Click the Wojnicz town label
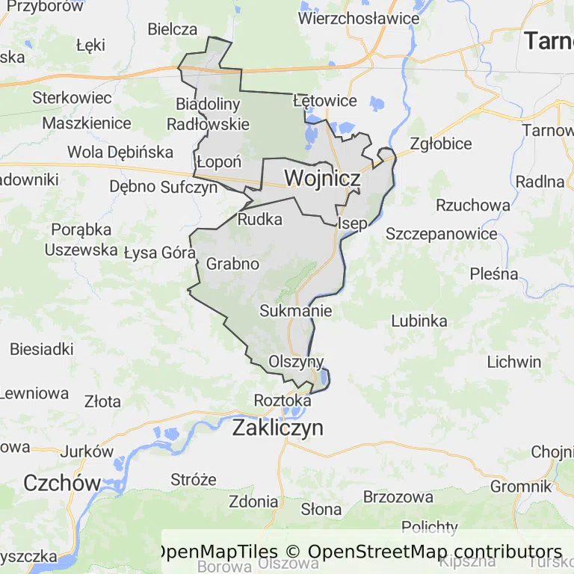322,179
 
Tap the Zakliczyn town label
277,428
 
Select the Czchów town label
61,483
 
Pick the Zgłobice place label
440,144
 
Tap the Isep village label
352,223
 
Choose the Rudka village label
260,220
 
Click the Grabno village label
232,264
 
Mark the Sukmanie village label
295,311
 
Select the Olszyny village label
296,362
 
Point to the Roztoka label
283,401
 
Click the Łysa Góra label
159,253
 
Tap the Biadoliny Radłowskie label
208,114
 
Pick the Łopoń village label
219,162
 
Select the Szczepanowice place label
441,234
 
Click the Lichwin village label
513,362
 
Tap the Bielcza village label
173,30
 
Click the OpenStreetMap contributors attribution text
435,552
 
